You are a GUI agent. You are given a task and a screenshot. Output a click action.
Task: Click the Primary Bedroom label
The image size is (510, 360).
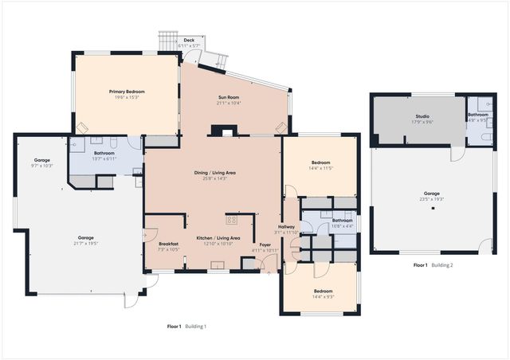(x=124, y=92)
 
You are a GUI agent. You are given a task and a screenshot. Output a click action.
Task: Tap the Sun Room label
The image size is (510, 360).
(x=229, y=99)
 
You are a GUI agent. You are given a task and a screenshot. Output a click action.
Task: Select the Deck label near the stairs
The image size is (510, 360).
(x=189, y=40)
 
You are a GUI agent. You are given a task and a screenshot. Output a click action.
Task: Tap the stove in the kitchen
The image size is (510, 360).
(x=233, y=219)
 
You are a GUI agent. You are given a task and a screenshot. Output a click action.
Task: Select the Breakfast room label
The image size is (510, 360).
(x=168, y=244)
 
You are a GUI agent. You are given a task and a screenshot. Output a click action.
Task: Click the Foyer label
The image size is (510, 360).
(x=264, y=245)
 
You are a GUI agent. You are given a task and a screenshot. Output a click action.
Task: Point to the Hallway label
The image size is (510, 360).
(x=286, y=227)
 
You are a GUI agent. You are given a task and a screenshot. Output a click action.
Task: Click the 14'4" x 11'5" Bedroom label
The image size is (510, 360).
(x=320, y=163)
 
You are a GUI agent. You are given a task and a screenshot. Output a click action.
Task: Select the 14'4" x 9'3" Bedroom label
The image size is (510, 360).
(x=323, y=292)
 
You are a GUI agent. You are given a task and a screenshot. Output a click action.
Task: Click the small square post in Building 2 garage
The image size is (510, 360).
(x=432, y=209)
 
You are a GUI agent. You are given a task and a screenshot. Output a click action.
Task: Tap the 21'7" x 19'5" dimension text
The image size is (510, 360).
(x=85, y=243)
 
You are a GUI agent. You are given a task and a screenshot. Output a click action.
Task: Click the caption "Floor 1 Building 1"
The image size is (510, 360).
(x=186, y=327)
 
